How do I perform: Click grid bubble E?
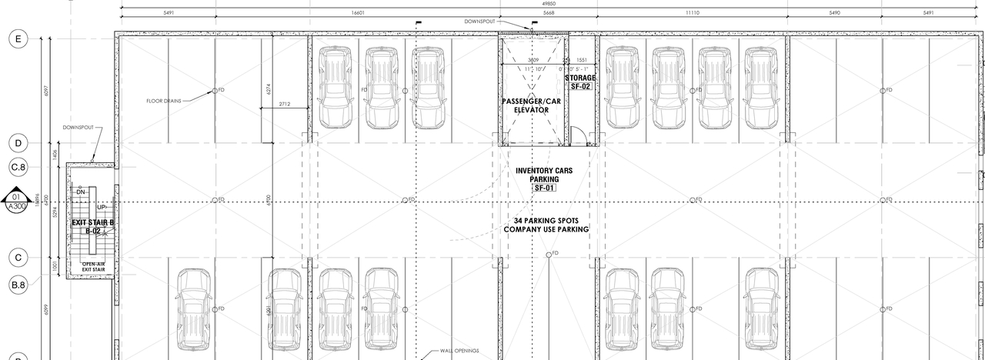tap(18, 39)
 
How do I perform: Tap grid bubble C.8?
tap(18, 166)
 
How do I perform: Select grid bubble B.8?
tap(18, 285)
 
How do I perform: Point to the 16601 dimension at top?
tap(357, 13)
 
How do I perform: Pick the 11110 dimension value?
tap(692, 13)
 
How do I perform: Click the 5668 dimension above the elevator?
tap(548, 13)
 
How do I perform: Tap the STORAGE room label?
tap(580, 78)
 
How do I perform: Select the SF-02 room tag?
tap(580, 87)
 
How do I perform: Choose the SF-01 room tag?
tap(544, 188)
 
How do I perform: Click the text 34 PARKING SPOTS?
tap(546, 220)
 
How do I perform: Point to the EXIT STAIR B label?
tap(92, 222)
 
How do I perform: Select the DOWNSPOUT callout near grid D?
tap(78, 128)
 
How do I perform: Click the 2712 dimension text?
tap(284, 103)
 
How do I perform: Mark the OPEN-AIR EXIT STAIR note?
tap(93, 266)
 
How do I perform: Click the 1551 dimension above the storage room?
tap(580, 60)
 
